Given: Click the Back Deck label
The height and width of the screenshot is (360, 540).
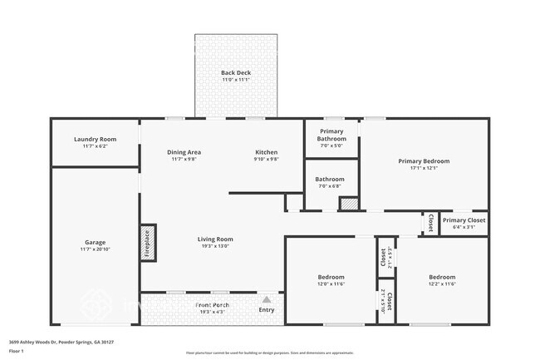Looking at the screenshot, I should click(236, 72).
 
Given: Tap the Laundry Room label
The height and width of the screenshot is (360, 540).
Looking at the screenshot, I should click(95, 139).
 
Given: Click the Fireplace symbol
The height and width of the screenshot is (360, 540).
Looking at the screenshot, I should click(148, 243).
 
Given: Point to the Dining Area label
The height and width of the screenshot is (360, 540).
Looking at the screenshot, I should click(184, 152).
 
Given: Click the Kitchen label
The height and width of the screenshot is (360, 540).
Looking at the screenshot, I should click(266, 152).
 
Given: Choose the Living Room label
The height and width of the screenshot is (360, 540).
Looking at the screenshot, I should click(214, 239).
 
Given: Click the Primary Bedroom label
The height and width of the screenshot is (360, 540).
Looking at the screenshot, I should click(423, 160).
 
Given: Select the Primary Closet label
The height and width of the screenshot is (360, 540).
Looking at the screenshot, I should click(464, 220).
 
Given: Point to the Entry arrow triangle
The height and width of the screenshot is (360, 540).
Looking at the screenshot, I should click(267, 300).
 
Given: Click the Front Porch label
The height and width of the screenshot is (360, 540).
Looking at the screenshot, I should click(214, 305).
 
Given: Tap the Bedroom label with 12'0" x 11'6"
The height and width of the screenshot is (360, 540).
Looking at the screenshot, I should click(331, 277).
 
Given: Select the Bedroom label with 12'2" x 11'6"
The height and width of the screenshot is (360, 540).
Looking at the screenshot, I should click(442, 277).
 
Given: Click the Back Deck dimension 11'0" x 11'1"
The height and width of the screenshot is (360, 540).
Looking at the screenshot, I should click(236, 80).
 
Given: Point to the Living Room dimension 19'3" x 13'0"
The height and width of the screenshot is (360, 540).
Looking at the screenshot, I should click(214, 246).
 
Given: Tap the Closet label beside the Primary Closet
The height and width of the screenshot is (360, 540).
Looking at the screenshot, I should click(430, 223).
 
